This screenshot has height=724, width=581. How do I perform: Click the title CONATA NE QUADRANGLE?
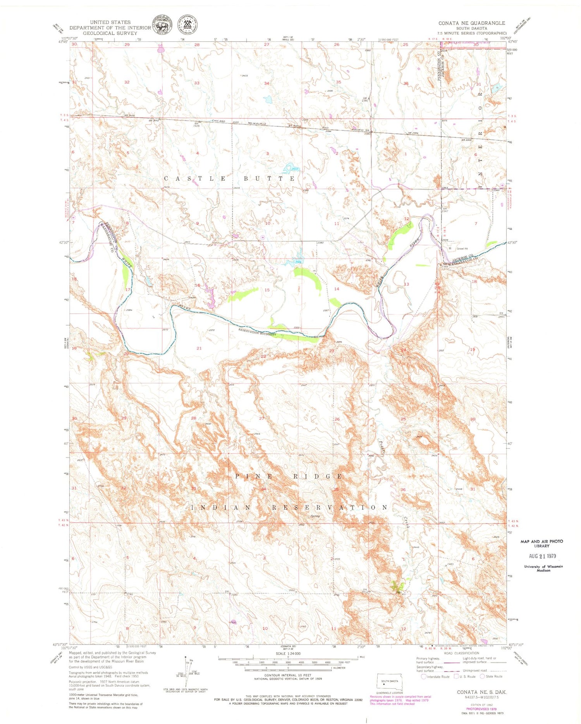[472, 23]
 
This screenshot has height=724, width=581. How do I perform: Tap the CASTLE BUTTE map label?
[229, 178]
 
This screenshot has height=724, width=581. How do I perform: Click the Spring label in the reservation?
[315, 516]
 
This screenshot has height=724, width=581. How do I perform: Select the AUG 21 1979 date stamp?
[542, 556]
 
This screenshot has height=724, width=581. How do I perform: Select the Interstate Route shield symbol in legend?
[423, 676]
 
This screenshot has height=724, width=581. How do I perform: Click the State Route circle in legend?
[482, 676]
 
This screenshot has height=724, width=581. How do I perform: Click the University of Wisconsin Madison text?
[543, 568]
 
